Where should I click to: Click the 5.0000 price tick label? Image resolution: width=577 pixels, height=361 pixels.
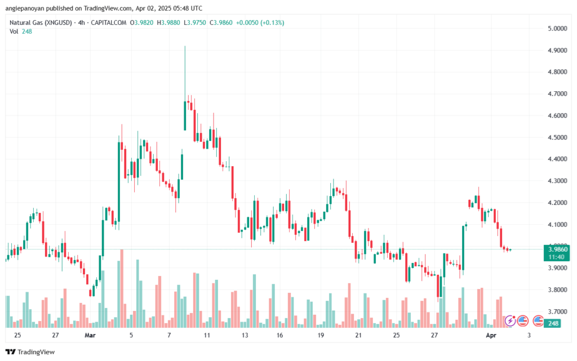click(x=557, y=28)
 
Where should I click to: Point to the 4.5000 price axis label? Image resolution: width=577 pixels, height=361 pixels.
click(x=557, y=137)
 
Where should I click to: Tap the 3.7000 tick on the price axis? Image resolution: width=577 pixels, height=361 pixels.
click(x=557, y=312)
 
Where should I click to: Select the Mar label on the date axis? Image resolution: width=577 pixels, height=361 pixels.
click(x=90, y=335)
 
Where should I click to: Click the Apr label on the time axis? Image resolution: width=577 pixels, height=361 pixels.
click(x=491, y=335)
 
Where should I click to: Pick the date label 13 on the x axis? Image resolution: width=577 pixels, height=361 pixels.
click(x=245, y=335)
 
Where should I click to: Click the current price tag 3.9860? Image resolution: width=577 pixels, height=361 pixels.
click(x=558, y=249)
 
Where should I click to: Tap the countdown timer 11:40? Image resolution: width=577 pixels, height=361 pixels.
click(x=556, y=257)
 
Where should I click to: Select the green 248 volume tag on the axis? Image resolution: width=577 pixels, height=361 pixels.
click(x=553, y=323)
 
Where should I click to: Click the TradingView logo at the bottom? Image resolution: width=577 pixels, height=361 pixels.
click(x=30, y=352)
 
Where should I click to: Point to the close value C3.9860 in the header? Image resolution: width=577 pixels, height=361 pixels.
click(x=221, y=23)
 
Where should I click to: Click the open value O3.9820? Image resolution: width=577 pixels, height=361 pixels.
click(x=141, y=23)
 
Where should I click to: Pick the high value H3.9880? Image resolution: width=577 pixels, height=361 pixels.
click(x=168, y=23)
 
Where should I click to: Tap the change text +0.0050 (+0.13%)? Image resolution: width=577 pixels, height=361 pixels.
click(x=260, y=23)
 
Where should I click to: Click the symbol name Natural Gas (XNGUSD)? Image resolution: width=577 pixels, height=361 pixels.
click(x=41, y=23)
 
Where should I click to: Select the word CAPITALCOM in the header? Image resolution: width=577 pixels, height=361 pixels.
click(x=109, y=23)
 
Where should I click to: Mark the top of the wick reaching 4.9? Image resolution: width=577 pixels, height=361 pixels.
click(x=185, y=46)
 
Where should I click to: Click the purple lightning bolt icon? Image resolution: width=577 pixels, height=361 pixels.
click(x=510, y=321)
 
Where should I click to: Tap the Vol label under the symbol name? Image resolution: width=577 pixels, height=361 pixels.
click(x=14, y=32)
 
